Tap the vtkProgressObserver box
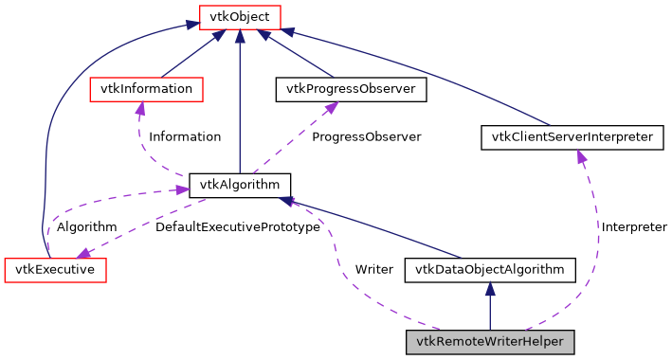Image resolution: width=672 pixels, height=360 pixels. coord(351,89)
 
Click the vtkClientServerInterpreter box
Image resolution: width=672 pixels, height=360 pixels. coord(572,137)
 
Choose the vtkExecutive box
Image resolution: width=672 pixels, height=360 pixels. coord(55,269)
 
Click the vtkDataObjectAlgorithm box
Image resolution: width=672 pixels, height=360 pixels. coord(490,270)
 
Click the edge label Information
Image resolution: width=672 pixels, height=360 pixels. coord(185,137)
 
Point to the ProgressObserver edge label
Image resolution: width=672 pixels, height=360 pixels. coord(366,137)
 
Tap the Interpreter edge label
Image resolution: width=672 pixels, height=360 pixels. coord(633,227)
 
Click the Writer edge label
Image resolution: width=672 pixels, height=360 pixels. coord(373,270)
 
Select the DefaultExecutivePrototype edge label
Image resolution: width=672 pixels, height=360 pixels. coord(238,227)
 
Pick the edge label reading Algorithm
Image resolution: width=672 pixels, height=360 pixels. coord(86,227)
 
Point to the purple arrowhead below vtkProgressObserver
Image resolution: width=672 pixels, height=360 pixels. coord(331,108)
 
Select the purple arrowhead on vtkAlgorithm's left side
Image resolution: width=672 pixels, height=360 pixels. coord(180,190)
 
